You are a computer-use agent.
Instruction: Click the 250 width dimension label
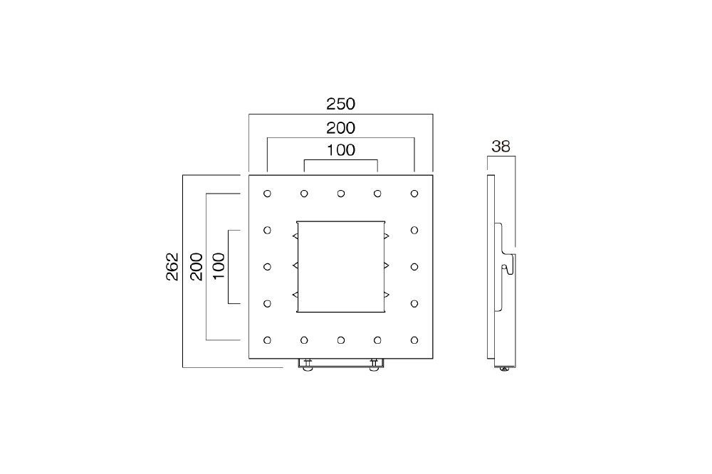[340, 104]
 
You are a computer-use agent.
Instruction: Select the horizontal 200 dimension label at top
[340, 128]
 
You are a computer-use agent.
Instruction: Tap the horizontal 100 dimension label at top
[340, 150]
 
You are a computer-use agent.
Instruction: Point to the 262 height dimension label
[172, 266]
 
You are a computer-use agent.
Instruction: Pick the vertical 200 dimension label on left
[197, 266]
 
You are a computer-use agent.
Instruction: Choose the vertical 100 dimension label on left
[219, 266]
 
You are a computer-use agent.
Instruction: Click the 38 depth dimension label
[501, 146]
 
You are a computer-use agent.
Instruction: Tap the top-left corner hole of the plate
[267, 194]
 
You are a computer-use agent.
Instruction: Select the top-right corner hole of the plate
[414, 194]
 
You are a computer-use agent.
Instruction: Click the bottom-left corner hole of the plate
[267, 340]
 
